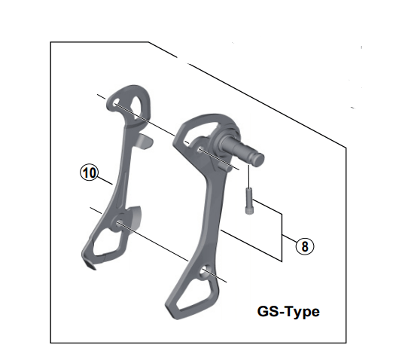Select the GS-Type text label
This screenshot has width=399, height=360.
288,311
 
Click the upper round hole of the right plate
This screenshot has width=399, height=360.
198,151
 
